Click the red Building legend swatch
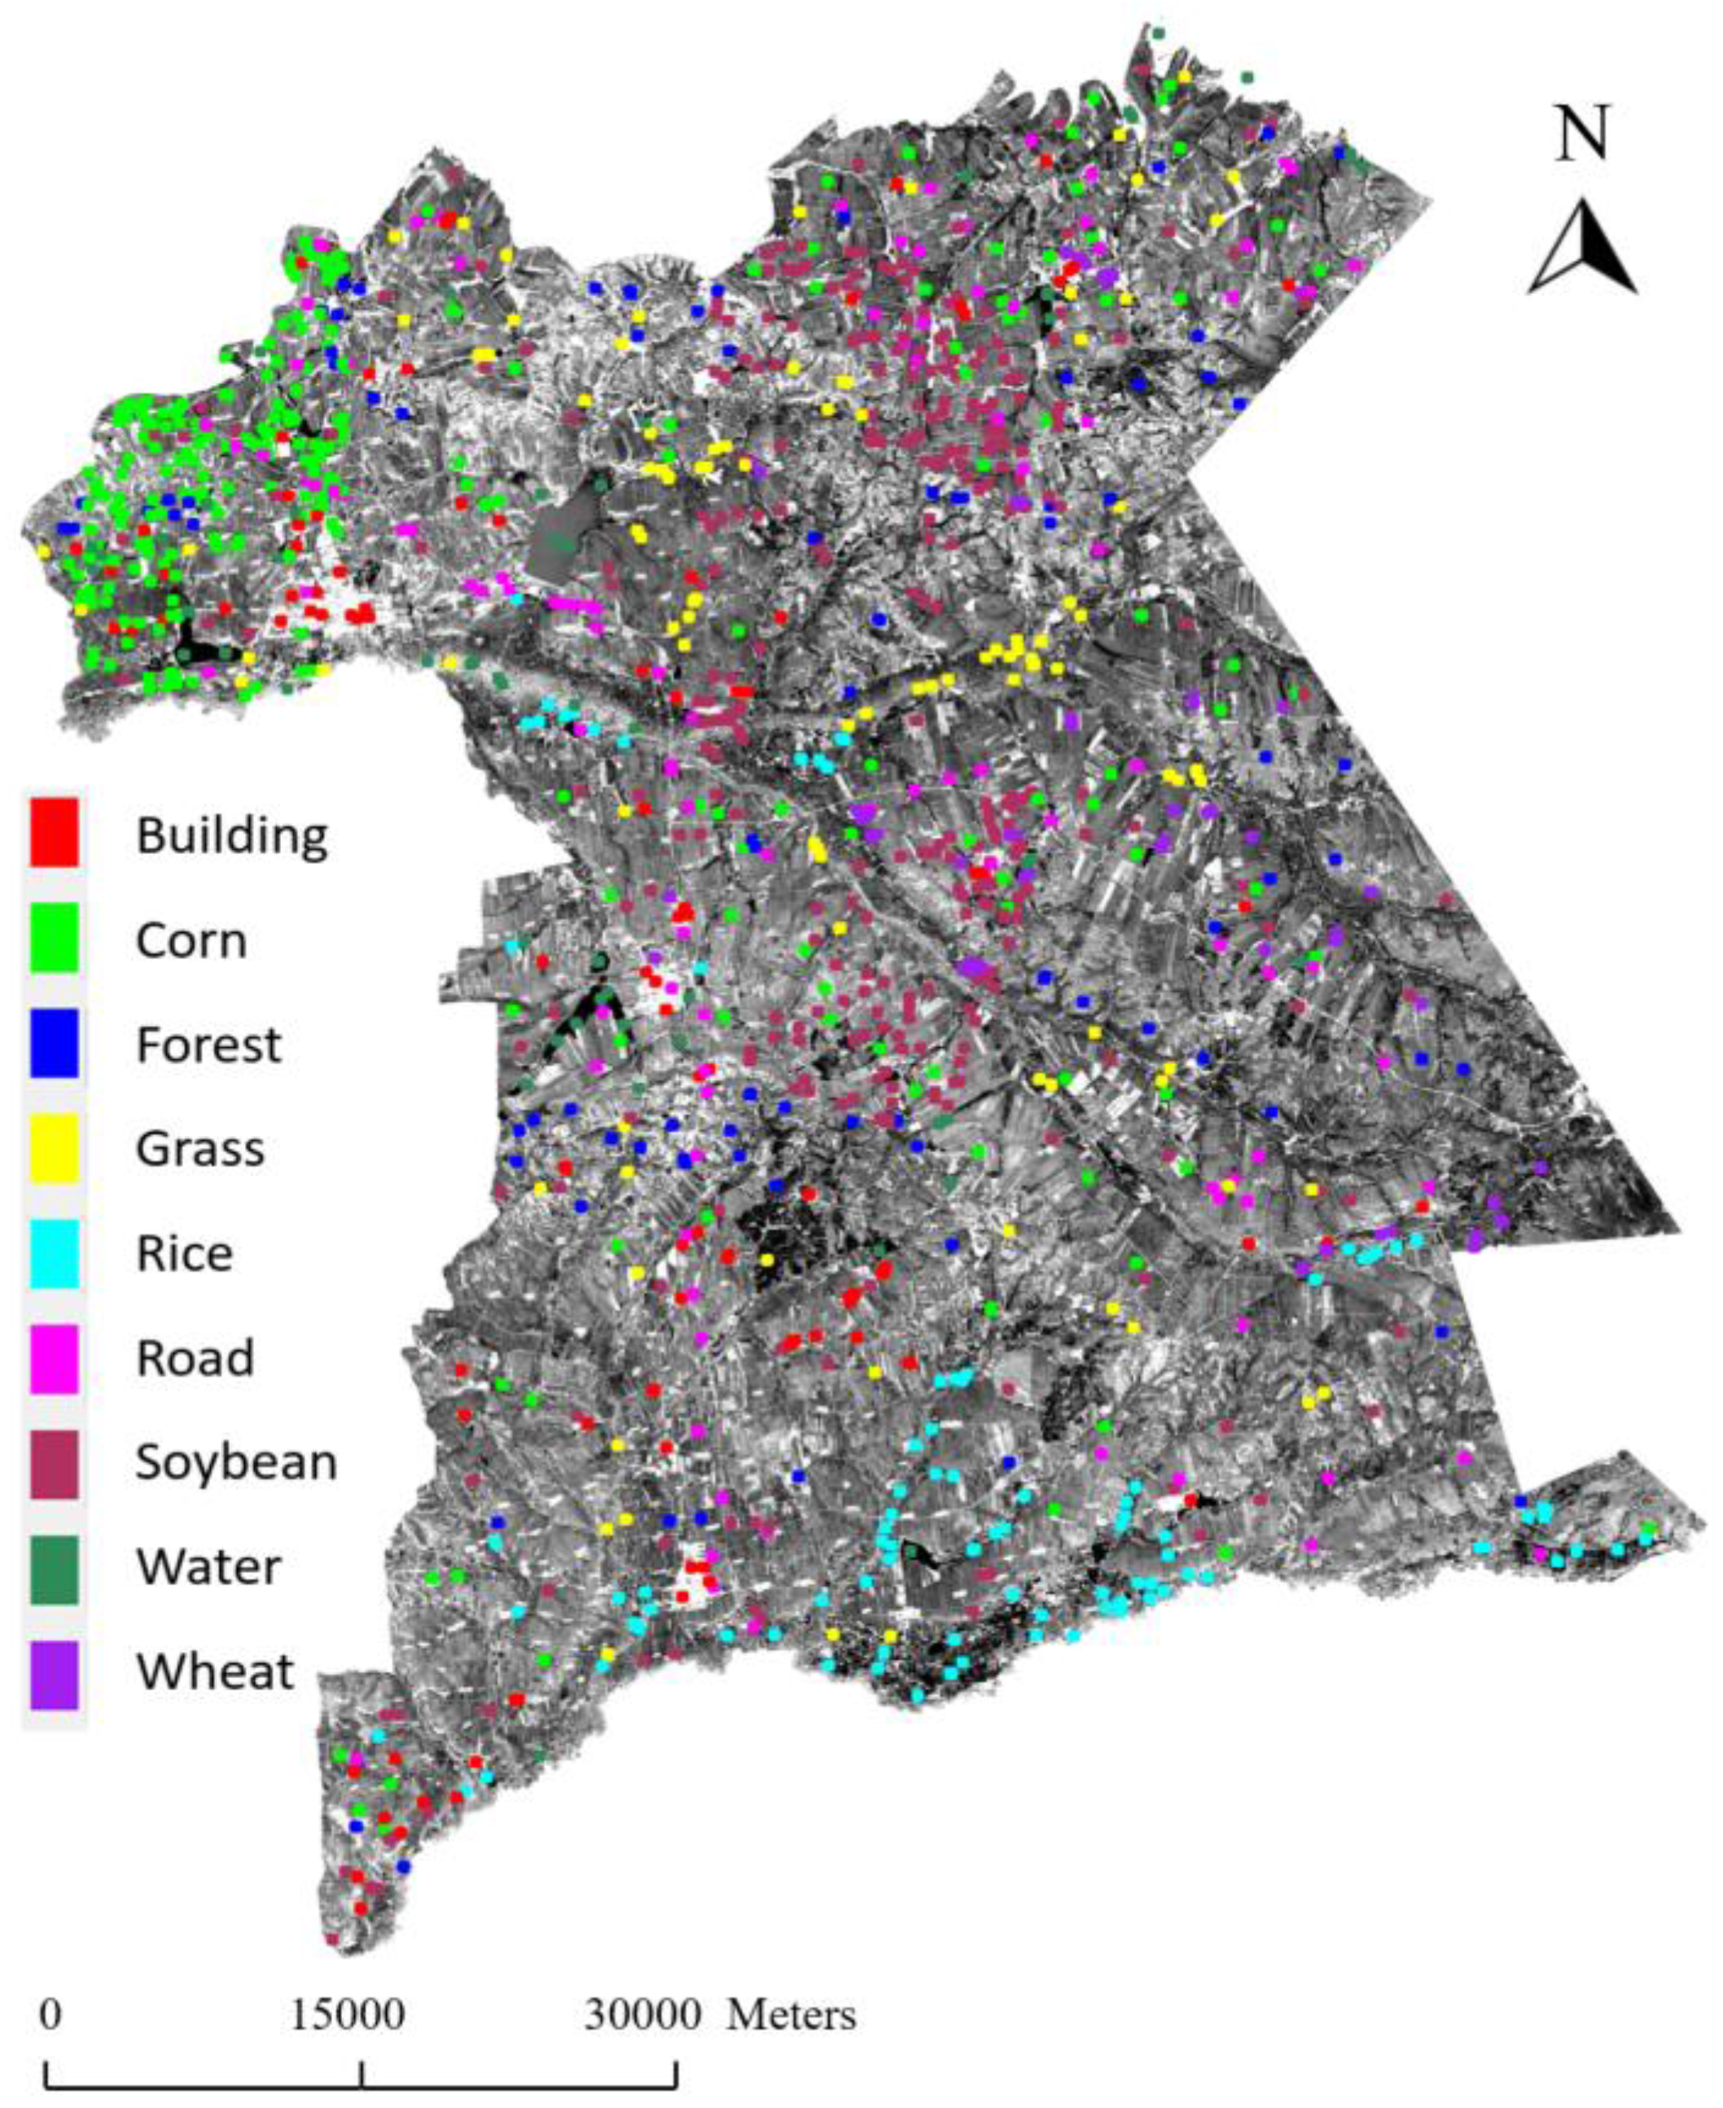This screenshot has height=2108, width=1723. click(55, 831)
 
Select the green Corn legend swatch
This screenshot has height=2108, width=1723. click(55, 936)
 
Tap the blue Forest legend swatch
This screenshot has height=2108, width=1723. click(55, 1042)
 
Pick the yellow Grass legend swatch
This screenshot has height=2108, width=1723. click(55, 1147)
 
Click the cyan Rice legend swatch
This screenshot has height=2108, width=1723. click(55, 1252)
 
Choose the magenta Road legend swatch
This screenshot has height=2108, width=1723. click(55, 1357)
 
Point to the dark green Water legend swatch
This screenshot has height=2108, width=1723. click(55, 1568)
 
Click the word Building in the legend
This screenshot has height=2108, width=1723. click(231, 835)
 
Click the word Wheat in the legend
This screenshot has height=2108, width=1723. click(215, 1672)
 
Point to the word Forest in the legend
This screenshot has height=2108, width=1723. click(208, 1044)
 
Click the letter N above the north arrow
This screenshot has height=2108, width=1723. click(1581, 135)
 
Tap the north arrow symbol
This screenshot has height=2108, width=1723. click(1582, 248)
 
